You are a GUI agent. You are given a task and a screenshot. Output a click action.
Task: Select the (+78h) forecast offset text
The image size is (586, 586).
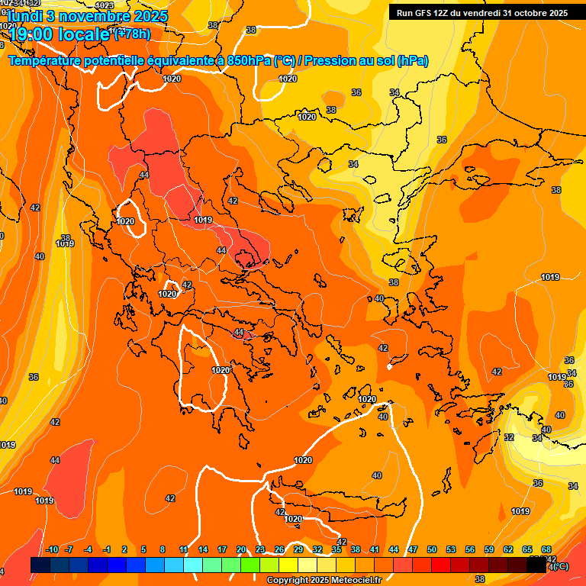(131, 34)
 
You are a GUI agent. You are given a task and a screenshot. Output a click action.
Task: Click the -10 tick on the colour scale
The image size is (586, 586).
(52, 549)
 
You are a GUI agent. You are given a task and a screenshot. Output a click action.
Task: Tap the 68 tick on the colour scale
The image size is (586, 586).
(546, 549)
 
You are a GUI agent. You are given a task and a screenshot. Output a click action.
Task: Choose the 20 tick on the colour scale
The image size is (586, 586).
(241, 549)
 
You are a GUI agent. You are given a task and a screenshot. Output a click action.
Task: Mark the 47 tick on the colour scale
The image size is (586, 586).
(413, 549)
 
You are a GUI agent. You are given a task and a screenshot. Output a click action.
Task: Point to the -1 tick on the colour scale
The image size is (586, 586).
(107, 549)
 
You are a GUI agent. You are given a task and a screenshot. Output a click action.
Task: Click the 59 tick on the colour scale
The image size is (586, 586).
(489, 549)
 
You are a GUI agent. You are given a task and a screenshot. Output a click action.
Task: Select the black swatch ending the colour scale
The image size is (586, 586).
(536, 565)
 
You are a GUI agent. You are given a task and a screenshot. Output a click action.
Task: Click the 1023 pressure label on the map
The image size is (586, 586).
(105, 5)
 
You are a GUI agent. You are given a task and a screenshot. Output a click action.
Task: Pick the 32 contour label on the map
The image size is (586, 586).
(509, 437)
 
